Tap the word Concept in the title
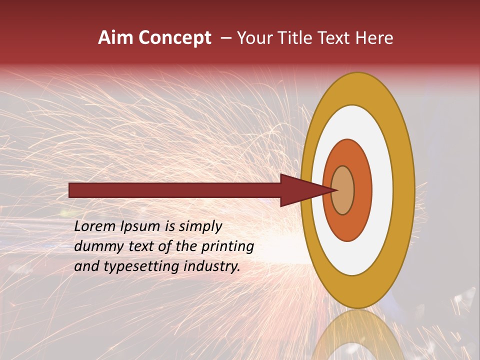click(x=175, y=38)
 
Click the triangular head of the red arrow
click(x=305, y=190)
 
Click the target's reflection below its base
click(x=357, y=335)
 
